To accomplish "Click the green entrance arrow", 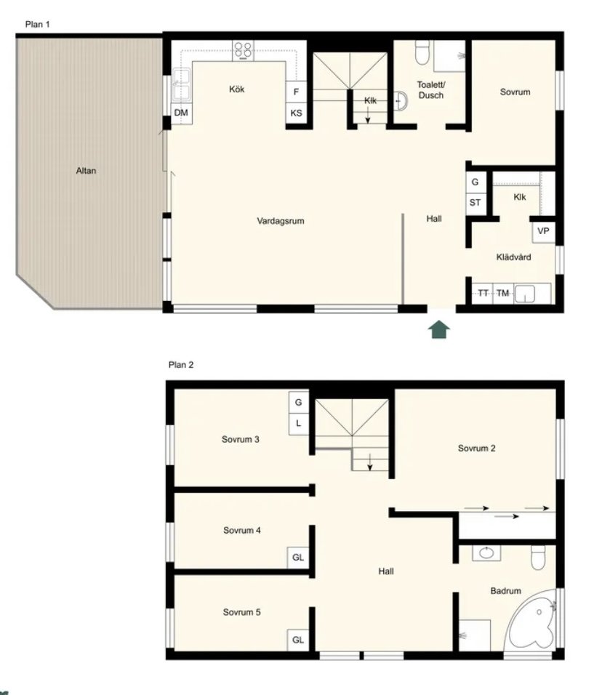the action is tap(439, 330).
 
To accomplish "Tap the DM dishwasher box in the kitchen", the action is tap(181, 113).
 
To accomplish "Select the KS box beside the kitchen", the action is tap(296, 113).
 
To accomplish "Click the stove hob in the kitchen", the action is tap(244, 51).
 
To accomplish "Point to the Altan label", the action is tap(86, 171).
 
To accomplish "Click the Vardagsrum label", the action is tap(281, 221).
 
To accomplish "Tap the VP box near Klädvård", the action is tap(544, 231).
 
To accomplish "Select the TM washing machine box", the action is tap(502, 294).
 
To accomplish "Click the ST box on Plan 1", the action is tap(475, 203).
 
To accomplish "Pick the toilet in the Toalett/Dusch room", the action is tap(422, 52).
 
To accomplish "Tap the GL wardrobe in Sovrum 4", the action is tap(298, 557).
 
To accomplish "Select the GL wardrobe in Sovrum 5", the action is tap(298, 640).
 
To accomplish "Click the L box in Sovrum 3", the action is tap(298, 424).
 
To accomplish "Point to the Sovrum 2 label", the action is tap(476, 448).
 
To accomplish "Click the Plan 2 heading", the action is tap(181, 365).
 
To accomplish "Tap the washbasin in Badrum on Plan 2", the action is tap(486, 553).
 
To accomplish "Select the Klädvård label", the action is tap(513, 257).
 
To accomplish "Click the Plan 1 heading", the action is tap(37, 25).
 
